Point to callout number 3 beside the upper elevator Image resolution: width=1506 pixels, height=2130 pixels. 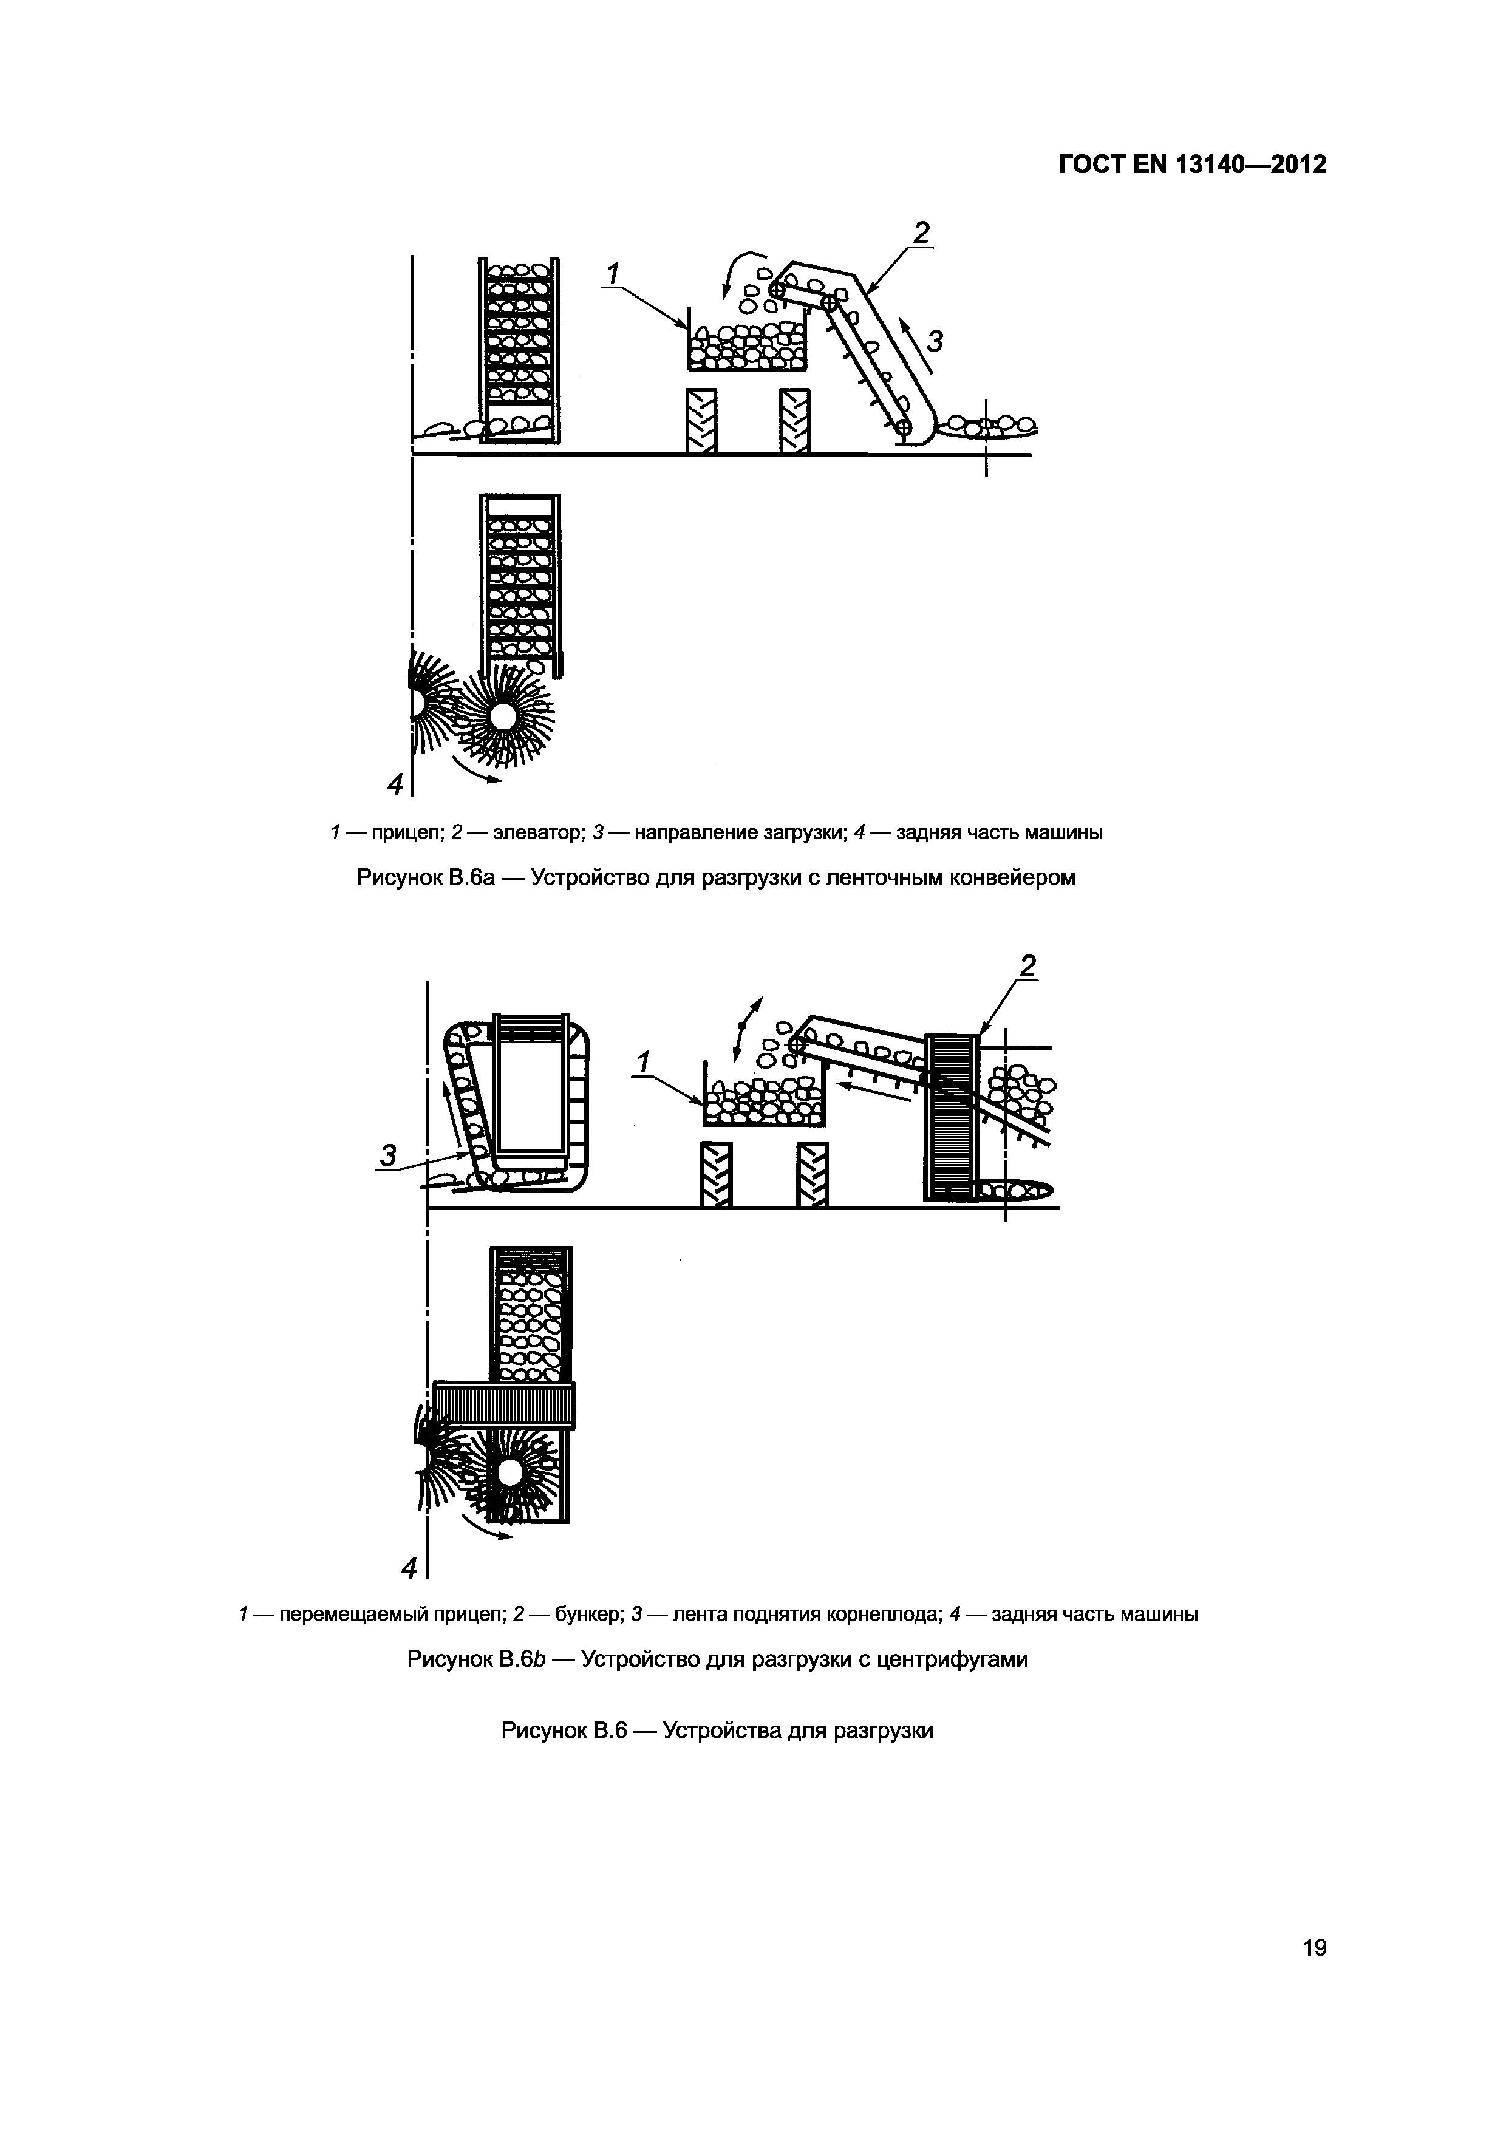[x=935, y=342]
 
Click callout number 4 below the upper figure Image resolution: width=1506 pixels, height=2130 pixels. [x=395, y=785]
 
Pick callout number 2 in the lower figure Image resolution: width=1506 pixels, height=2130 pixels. [x=1027, y=967]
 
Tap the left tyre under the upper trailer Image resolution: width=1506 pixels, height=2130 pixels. [x=701, y=420]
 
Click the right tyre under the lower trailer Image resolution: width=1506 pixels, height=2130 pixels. [x=812, y=1174]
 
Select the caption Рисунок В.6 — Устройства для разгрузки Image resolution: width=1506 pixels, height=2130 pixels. [x=717, y=1730]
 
